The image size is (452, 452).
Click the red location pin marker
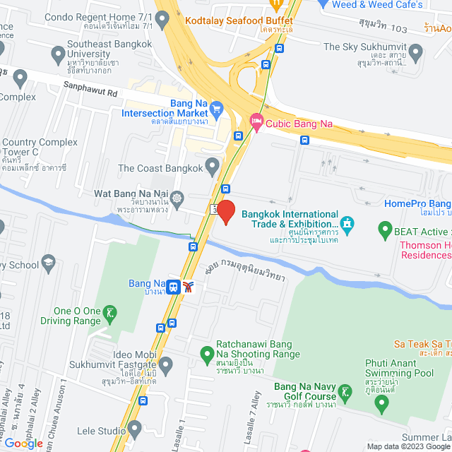pos(225,212)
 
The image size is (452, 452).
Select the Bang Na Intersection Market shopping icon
pos(216,109)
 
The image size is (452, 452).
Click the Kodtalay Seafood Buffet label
pos(239,20)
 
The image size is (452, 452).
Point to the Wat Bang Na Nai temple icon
pos(176,196)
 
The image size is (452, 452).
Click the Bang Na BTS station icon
pos(172,286)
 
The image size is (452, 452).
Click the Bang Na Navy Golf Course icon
pos(345,391)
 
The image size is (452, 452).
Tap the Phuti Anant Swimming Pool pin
pos(382,405)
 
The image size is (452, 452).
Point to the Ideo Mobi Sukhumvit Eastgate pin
pos(166,364)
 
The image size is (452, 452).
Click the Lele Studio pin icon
pos(134,429)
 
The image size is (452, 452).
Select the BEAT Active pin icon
pos(385,230)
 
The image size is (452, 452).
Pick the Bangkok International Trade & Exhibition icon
pos(347,225)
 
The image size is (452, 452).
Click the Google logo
pos(23,443)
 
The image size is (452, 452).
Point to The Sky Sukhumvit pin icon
pos(415,52)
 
